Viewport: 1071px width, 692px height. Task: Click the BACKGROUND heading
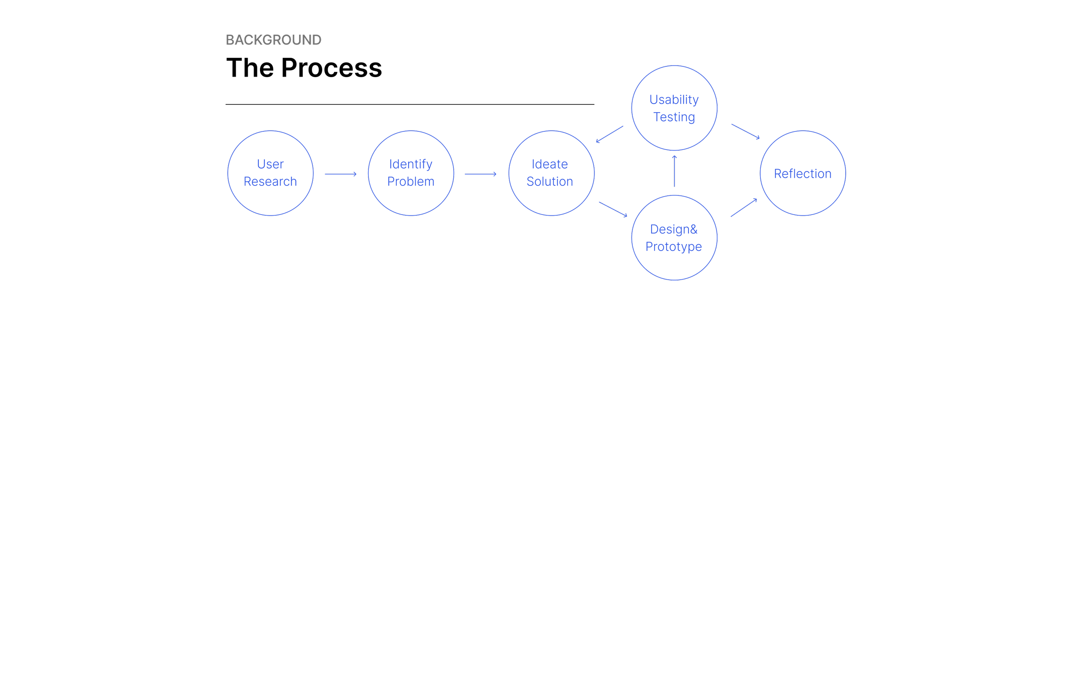[x=273, y=40]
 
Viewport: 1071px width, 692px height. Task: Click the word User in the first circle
[x=270, y=164]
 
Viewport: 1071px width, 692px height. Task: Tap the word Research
[x=270, y=182]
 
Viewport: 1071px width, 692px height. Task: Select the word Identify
[x=410, y=164]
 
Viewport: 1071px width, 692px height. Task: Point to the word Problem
[x=410, y=182]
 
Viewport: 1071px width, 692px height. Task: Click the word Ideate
[x=550, y=164]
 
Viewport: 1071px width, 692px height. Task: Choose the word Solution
[x=550, y=182]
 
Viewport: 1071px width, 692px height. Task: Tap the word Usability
[x=674, y=99]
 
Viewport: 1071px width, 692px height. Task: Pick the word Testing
[x=674, y=117]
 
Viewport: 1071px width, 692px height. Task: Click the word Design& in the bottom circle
[x=674, y=229]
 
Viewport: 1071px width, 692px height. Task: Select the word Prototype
[x=673, y=247]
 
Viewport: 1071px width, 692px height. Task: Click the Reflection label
[x=802, y=173]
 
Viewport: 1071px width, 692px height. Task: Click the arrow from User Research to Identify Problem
[x=340, y=174]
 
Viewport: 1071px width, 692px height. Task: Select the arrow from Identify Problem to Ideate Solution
[x=480, y=174]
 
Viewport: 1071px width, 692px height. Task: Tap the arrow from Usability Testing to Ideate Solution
[x=610, y=134]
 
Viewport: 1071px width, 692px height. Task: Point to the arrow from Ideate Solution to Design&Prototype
[x=613, y=209]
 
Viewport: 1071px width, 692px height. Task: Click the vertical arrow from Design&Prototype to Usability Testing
[x=674, y=171]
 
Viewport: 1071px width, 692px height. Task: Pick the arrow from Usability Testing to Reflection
[x=745, y=131]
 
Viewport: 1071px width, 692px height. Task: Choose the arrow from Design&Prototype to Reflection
[x=744, y=208]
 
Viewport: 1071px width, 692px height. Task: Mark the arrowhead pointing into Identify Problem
[x=355, y=174]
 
